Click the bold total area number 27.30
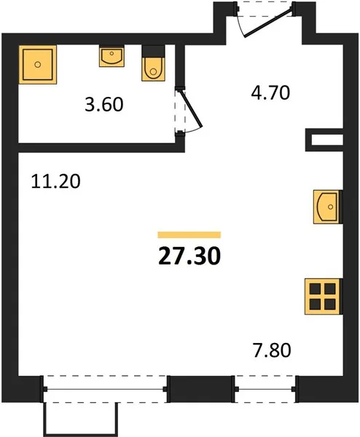click(189, 256)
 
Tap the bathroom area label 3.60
click(104, 104)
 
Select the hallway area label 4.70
click(270, 92)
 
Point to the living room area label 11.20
click(56, 181)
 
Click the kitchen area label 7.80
click(272, 350)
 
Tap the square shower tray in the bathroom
click(38, 64)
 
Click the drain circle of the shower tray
click(38, 65)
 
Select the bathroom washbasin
click(111, 57)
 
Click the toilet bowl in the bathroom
click(153, 69)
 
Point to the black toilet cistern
click(153, 51)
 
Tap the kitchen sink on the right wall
click(328, 207)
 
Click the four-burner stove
click(323, 296)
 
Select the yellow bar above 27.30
click(189, 235)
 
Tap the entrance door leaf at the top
click(268, 23)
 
